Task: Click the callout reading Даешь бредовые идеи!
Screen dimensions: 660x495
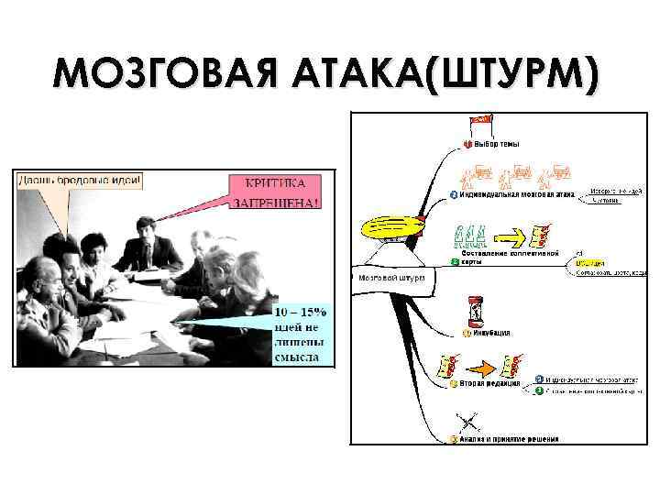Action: point(81,180)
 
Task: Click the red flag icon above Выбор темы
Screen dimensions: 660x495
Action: point(480,121)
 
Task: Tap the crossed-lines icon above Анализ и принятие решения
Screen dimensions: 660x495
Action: point(470,423)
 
